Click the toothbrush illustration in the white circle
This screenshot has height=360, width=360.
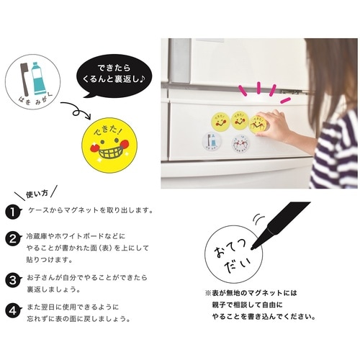pyautogui.click(x=21, y=75)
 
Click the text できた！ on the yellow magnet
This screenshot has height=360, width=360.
pyautogui.click(x=107, y=132)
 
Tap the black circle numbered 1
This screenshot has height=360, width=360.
pyautogui.click(x=12, y=211)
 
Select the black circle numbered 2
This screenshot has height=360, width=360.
pyautogui.click(x=12, y=238)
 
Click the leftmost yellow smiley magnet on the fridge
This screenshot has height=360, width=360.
pyautogui.click(x=219, y=120)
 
